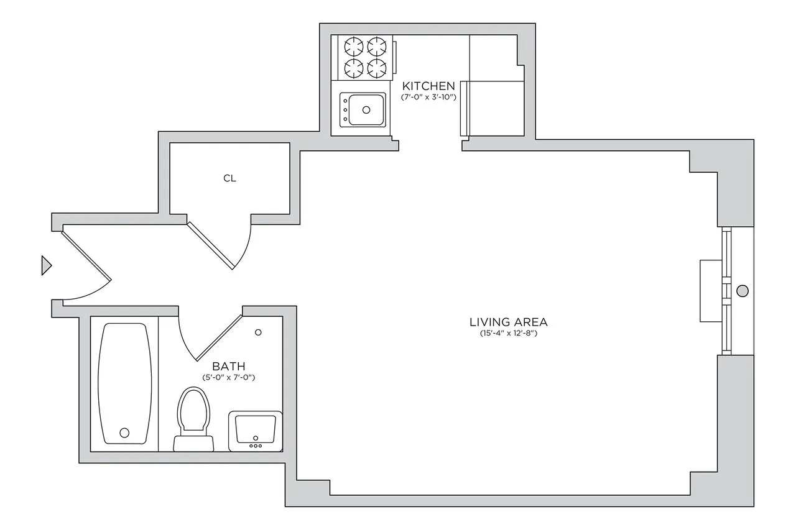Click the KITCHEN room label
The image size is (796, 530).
point(428,86)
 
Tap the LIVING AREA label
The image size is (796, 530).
point(508,322)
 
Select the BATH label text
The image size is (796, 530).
point(229,366)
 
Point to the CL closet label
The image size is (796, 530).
point(229,178)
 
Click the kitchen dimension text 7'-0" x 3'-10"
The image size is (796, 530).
point(429,98)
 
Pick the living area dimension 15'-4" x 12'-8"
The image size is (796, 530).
point(508,334)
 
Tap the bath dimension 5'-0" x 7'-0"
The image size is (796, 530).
point(229,377)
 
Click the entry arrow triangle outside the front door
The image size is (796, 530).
point(45,265)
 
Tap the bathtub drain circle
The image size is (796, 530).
point(125,432)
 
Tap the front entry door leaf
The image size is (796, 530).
point(86,255)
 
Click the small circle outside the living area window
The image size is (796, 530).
point(743,290)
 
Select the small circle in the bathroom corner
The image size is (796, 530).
point(259,332)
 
